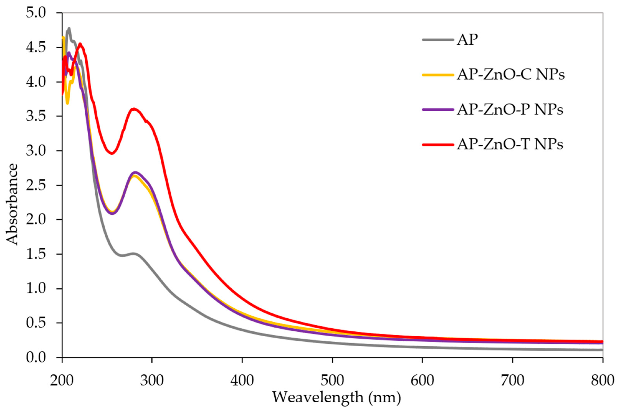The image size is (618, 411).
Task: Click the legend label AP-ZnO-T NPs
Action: point(510,145)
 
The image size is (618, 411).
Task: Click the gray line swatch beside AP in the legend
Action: point(438,40)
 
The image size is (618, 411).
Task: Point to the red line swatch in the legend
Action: point(438,145)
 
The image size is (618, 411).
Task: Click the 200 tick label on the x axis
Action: point(62,381)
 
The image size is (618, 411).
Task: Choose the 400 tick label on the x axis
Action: point(242,381)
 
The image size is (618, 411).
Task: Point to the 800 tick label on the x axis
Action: point(602,381)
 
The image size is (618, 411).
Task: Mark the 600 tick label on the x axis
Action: point(422,381)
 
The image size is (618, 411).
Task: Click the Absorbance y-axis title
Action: point(12,204)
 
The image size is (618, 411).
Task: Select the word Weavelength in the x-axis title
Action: point(317,397)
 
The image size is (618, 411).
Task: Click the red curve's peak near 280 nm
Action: point(134,109)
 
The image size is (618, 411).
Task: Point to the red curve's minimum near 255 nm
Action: point(112,154)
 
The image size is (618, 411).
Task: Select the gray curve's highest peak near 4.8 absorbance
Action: point(69,28)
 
